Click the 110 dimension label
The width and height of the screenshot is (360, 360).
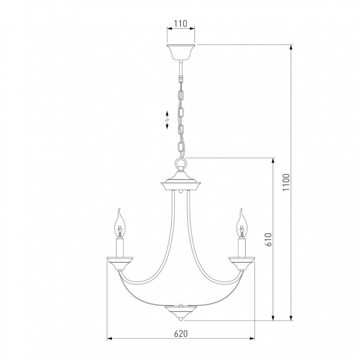click(x=181, y=24)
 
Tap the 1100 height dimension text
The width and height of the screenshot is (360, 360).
click(x=286, y=183)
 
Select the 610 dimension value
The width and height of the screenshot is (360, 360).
click(x=268, y=240)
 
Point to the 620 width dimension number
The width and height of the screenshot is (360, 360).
click(x=181, y=333)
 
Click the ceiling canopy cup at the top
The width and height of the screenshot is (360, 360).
click(x=181, y=52)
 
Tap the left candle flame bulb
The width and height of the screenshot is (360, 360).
click(x=120, y=223)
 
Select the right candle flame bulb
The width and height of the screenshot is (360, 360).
click(x=242, y=223)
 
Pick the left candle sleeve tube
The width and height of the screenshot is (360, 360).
click(x=120, y=248)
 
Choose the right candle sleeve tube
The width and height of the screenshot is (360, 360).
click(x=242, y=248)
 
